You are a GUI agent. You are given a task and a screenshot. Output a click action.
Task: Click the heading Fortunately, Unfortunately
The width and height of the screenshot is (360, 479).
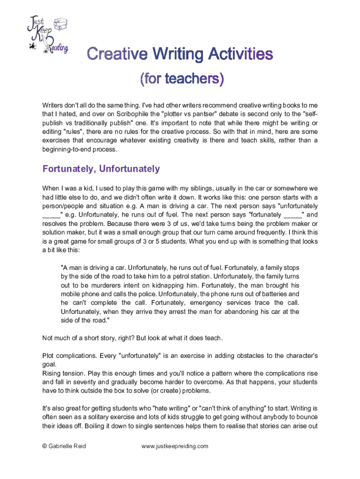tap(101, 169)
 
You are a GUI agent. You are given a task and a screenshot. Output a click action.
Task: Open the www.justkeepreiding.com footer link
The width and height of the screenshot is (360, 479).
tap(175, 446)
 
